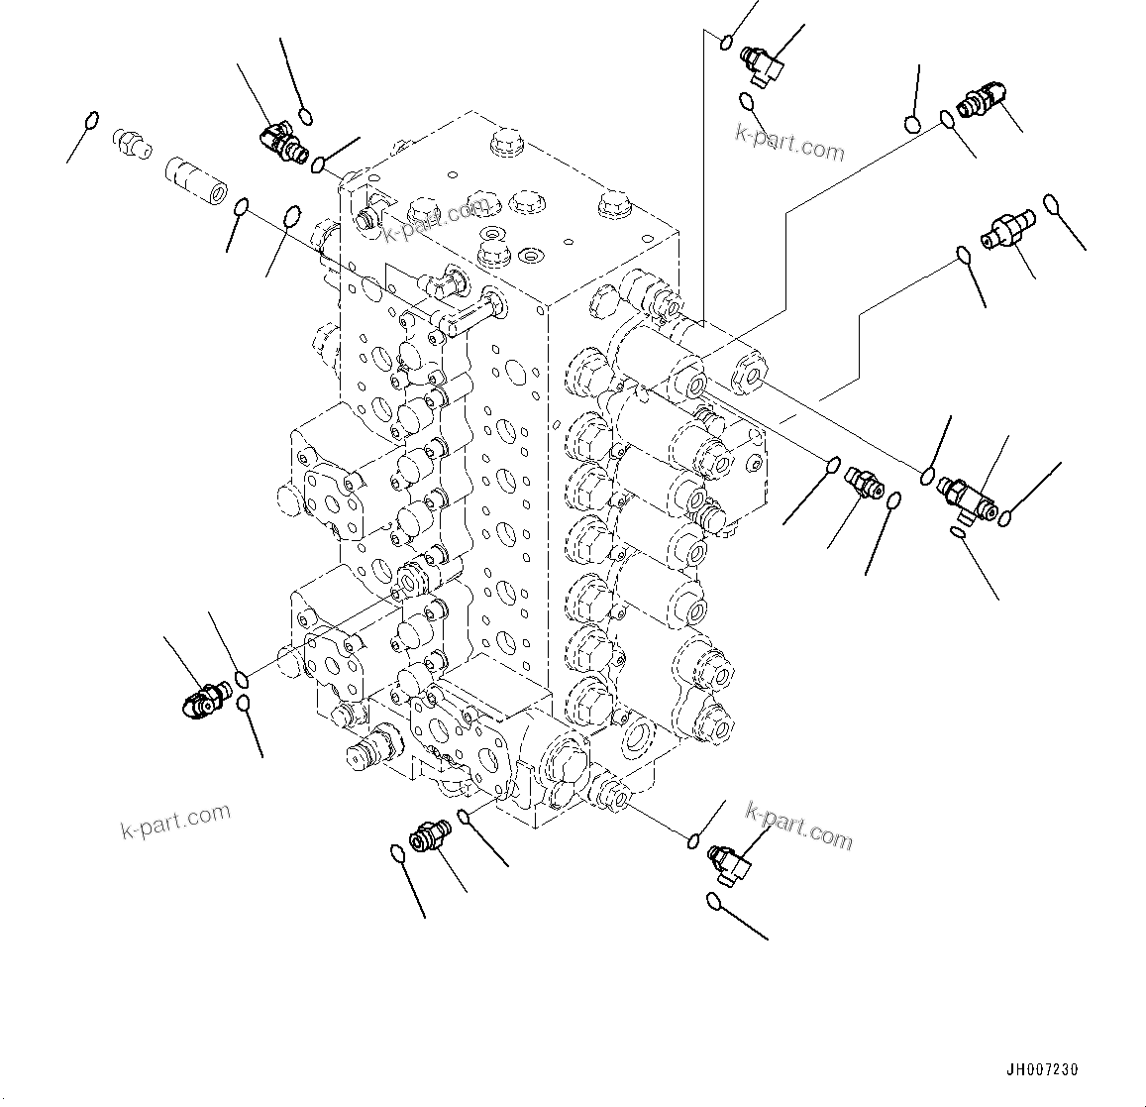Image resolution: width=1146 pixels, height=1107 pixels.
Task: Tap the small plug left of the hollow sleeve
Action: pos(130,143)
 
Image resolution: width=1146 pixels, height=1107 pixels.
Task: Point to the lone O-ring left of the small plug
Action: pos(91,121)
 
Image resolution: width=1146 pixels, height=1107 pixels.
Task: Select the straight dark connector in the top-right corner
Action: pos(983,100)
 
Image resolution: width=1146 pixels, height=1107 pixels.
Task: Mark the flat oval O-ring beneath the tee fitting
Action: pos(958,534)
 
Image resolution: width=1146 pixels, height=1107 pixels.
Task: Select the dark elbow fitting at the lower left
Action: pos(204,701)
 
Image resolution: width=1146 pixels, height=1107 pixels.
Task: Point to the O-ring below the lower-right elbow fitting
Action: pos(714,900)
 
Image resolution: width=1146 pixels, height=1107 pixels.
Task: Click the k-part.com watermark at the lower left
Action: pos(175,821)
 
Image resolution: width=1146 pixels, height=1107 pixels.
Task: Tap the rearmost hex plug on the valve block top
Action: pos(505,142)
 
